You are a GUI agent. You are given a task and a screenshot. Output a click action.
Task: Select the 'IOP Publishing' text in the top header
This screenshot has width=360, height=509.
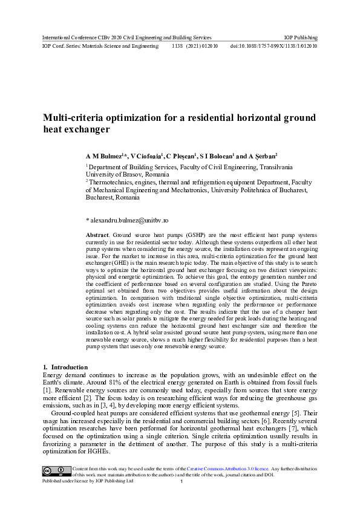(x=301, y=37)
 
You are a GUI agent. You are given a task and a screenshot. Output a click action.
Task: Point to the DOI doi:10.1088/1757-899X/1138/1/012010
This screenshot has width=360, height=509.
(x=273, y=46)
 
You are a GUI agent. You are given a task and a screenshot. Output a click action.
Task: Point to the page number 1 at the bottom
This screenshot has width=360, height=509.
(x=182, y=482)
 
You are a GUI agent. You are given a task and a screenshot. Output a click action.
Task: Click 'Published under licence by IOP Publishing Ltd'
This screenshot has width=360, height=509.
(x=87, y=481)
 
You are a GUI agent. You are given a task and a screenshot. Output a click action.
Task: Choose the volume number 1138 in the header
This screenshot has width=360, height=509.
(x=178, y=46)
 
